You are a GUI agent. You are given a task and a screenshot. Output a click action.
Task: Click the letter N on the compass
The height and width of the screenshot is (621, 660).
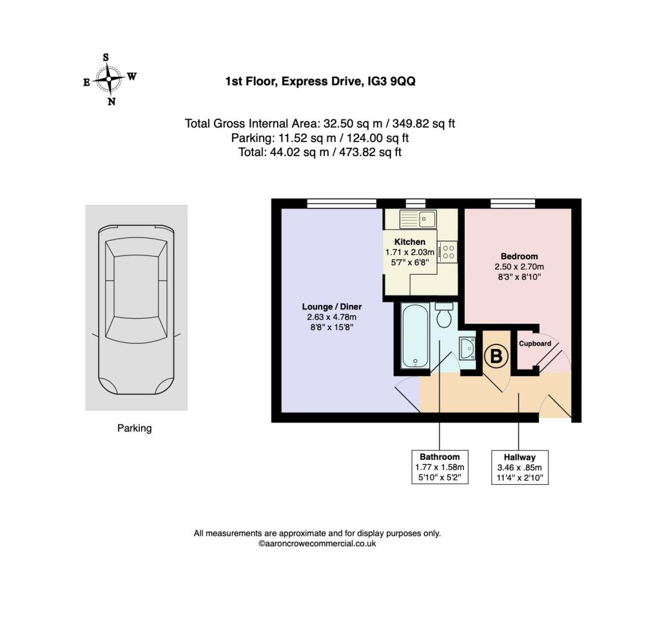112,101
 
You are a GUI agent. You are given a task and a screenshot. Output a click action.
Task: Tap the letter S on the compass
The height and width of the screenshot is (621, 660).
106,57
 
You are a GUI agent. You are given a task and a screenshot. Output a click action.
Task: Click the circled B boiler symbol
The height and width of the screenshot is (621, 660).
496,356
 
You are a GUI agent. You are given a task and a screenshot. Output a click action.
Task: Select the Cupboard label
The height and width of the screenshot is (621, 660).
534,344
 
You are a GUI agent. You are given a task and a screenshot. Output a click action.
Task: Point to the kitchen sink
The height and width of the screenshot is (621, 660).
418,219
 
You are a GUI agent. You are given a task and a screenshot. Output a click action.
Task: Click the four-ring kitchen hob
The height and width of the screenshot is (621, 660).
447,251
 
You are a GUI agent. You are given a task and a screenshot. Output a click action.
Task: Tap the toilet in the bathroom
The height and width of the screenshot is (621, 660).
444,315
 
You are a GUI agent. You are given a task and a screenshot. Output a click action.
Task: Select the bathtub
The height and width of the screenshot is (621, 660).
416,335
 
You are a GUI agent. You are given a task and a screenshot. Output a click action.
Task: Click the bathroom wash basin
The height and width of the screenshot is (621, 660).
468,348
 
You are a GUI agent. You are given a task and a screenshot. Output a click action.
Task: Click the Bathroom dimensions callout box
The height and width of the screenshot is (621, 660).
440,467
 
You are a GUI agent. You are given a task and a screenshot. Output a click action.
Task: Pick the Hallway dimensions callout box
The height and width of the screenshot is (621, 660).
520,468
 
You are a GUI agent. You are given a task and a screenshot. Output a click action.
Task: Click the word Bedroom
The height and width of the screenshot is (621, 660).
519,257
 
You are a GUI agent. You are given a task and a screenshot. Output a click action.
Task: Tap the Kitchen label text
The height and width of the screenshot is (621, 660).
409,242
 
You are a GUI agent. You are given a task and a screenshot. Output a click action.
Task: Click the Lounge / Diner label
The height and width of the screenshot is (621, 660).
332,307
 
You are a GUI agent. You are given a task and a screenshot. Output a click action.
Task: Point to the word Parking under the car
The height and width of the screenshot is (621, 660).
134,428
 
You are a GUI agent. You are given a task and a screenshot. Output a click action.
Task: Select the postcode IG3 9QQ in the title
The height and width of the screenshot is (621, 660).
391,81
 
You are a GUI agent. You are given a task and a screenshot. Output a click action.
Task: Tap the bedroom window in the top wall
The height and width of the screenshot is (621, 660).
512,204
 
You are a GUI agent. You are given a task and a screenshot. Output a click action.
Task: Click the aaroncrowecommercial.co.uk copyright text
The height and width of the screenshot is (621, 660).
317,544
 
